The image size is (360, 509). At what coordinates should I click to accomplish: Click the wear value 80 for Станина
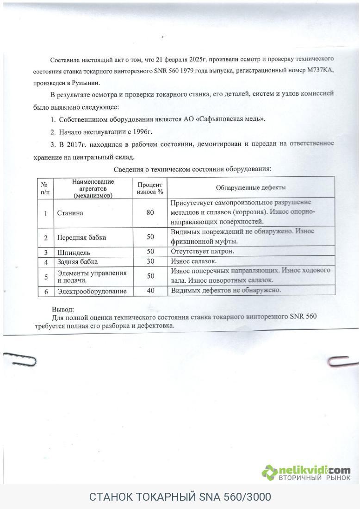click(150, 213)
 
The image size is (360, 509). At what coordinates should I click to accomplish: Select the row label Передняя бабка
click(81, 237)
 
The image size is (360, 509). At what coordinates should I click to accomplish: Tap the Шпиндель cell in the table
click(74, 253)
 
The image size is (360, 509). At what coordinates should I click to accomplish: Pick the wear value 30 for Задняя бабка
click(150, 261)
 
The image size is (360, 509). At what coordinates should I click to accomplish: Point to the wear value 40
click(150, 291)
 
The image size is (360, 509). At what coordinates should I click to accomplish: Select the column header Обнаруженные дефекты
click(250, 187)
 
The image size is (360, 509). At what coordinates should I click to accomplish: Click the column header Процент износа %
click(150, 188)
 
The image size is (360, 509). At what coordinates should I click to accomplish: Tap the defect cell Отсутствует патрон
click(202, 251)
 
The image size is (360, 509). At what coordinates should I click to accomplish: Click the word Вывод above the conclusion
click(62, 309)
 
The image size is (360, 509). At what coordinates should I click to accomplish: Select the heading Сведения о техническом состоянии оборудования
click(192, 169)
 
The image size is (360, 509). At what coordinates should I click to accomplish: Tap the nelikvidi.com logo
click(306, 472)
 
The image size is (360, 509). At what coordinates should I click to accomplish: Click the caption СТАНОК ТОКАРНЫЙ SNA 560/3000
click(180, 497)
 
